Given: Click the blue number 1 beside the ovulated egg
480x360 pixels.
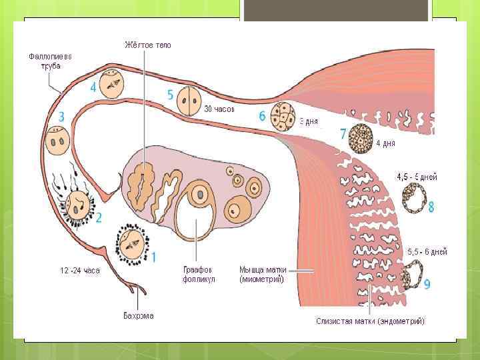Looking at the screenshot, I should [154, 256].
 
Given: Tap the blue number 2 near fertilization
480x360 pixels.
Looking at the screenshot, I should [99, 217].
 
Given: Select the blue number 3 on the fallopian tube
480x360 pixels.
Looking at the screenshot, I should [61, 117].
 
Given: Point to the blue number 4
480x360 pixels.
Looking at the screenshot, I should [93, 87].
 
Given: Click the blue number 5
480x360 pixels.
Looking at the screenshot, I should [171, 94].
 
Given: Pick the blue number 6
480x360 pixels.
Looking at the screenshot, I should [263, 116].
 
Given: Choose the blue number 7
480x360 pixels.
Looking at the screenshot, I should [343, 134].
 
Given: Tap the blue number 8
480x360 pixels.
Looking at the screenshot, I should [431, 207].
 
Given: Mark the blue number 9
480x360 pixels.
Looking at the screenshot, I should [427, 284].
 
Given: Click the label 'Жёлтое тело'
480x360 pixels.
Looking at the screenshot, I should [147, 45].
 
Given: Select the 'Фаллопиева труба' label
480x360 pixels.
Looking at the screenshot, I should [50, 61].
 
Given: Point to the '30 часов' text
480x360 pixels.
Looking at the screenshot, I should [219, 109].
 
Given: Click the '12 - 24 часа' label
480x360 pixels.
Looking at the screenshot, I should [79, 271].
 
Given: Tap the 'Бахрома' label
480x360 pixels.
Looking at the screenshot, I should [139, 315].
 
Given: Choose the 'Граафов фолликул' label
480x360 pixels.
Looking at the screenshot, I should [199, 275].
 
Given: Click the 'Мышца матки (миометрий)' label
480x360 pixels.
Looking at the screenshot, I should [263, 275].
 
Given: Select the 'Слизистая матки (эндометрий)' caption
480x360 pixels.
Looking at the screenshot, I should [370, 321].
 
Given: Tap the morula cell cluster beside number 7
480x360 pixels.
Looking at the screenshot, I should [363, 139].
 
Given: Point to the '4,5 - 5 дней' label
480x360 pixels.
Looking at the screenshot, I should [417, 177].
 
